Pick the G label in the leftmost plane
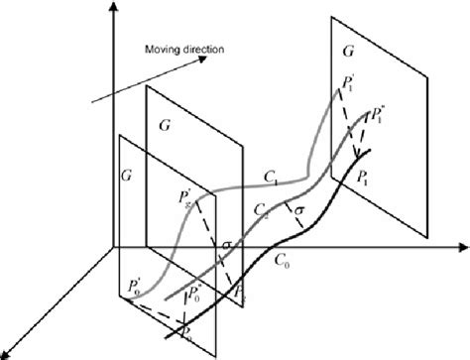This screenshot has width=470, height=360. point(126,175)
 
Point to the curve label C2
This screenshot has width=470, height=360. point(260,210)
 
